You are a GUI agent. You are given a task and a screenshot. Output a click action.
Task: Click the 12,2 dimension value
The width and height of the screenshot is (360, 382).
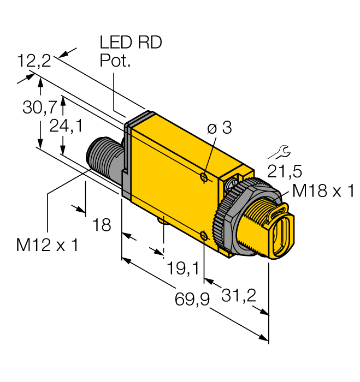[34, 61]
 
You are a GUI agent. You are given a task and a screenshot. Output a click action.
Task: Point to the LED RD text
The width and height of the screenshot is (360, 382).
[131, 43]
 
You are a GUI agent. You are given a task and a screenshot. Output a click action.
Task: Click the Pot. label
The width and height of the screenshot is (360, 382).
[115, 61]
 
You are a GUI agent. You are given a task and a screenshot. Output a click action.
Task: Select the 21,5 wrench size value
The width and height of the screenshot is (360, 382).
[284, 171]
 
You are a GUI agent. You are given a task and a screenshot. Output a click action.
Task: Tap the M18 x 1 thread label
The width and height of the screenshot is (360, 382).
[323, 191]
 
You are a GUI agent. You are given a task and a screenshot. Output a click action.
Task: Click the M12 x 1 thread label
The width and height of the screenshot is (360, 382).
[47, 244]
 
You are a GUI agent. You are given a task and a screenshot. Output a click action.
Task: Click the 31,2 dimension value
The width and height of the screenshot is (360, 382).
[239, 295]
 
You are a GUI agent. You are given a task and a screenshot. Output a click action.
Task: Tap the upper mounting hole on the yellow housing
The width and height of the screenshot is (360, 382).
[203, 177]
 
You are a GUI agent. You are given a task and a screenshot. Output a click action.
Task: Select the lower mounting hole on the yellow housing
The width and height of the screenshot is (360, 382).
[203, 235]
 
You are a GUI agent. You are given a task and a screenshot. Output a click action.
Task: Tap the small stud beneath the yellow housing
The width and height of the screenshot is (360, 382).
[163, 219]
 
